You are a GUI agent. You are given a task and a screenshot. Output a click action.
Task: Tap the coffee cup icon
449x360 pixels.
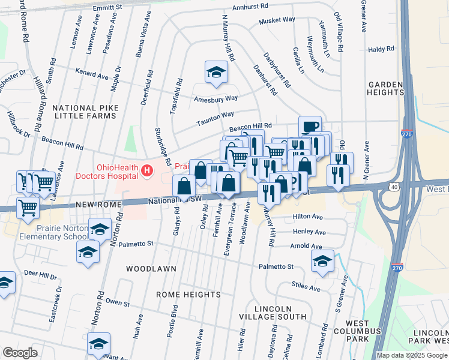[310, 127]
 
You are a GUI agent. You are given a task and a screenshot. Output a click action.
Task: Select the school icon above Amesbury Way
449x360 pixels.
[216, 73]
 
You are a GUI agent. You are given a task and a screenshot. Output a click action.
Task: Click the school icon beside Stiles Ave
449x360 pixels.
[322, 262]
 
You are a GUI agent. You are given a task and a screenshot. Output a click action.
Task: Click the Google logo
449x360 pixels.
[20, 353]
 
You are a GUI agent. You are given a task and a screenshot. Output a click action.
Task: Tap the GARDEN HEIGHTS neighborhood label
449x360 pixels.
[385, 89]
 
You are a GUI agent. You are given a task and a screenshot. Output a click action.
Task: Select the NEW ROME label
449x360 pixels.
[98, 205]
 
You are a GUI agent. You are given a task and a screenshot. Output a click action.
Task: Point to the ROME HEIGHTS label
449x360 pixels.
[188, 295]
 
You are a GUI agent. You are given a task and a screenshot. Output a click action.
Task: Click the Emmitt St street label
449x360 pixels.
[107, 7]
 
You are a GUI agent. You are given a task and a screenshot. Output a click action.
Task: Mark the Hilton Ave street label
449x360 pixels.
[308, 217]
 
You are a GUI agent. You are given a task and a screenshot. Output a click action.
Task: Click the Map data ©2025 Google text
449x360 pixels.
[411, 355]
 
